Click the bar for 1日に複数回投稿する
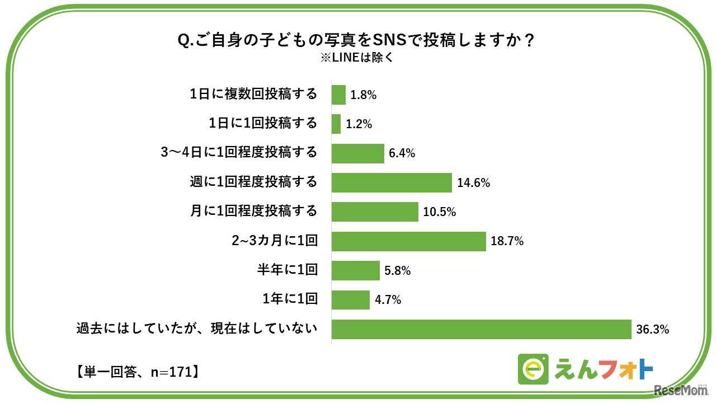[338, 95]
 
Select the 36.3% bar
[481, 330]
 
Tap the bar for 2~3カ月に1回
[408, 241]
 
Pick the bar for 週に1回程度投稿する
[392, 182]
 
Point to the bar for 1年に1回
[350, 300]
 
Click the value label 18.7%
[507, 242]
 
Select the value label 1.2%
[359, 124]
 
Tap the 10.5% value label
[440, 212]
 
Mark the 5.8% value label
[398, 271]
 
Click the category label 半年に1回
[287, 270]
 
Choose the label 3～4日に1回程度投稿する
[239, 153]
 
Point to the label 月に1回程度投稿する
[255, 212]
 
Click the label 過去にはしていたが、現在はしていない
[197, 329]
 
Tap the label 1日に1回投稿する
[263, 124]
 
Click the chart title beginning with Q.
[357, 41]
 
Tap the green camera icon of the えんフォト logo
[533, 369]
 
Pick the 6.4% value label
[402, 153]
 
